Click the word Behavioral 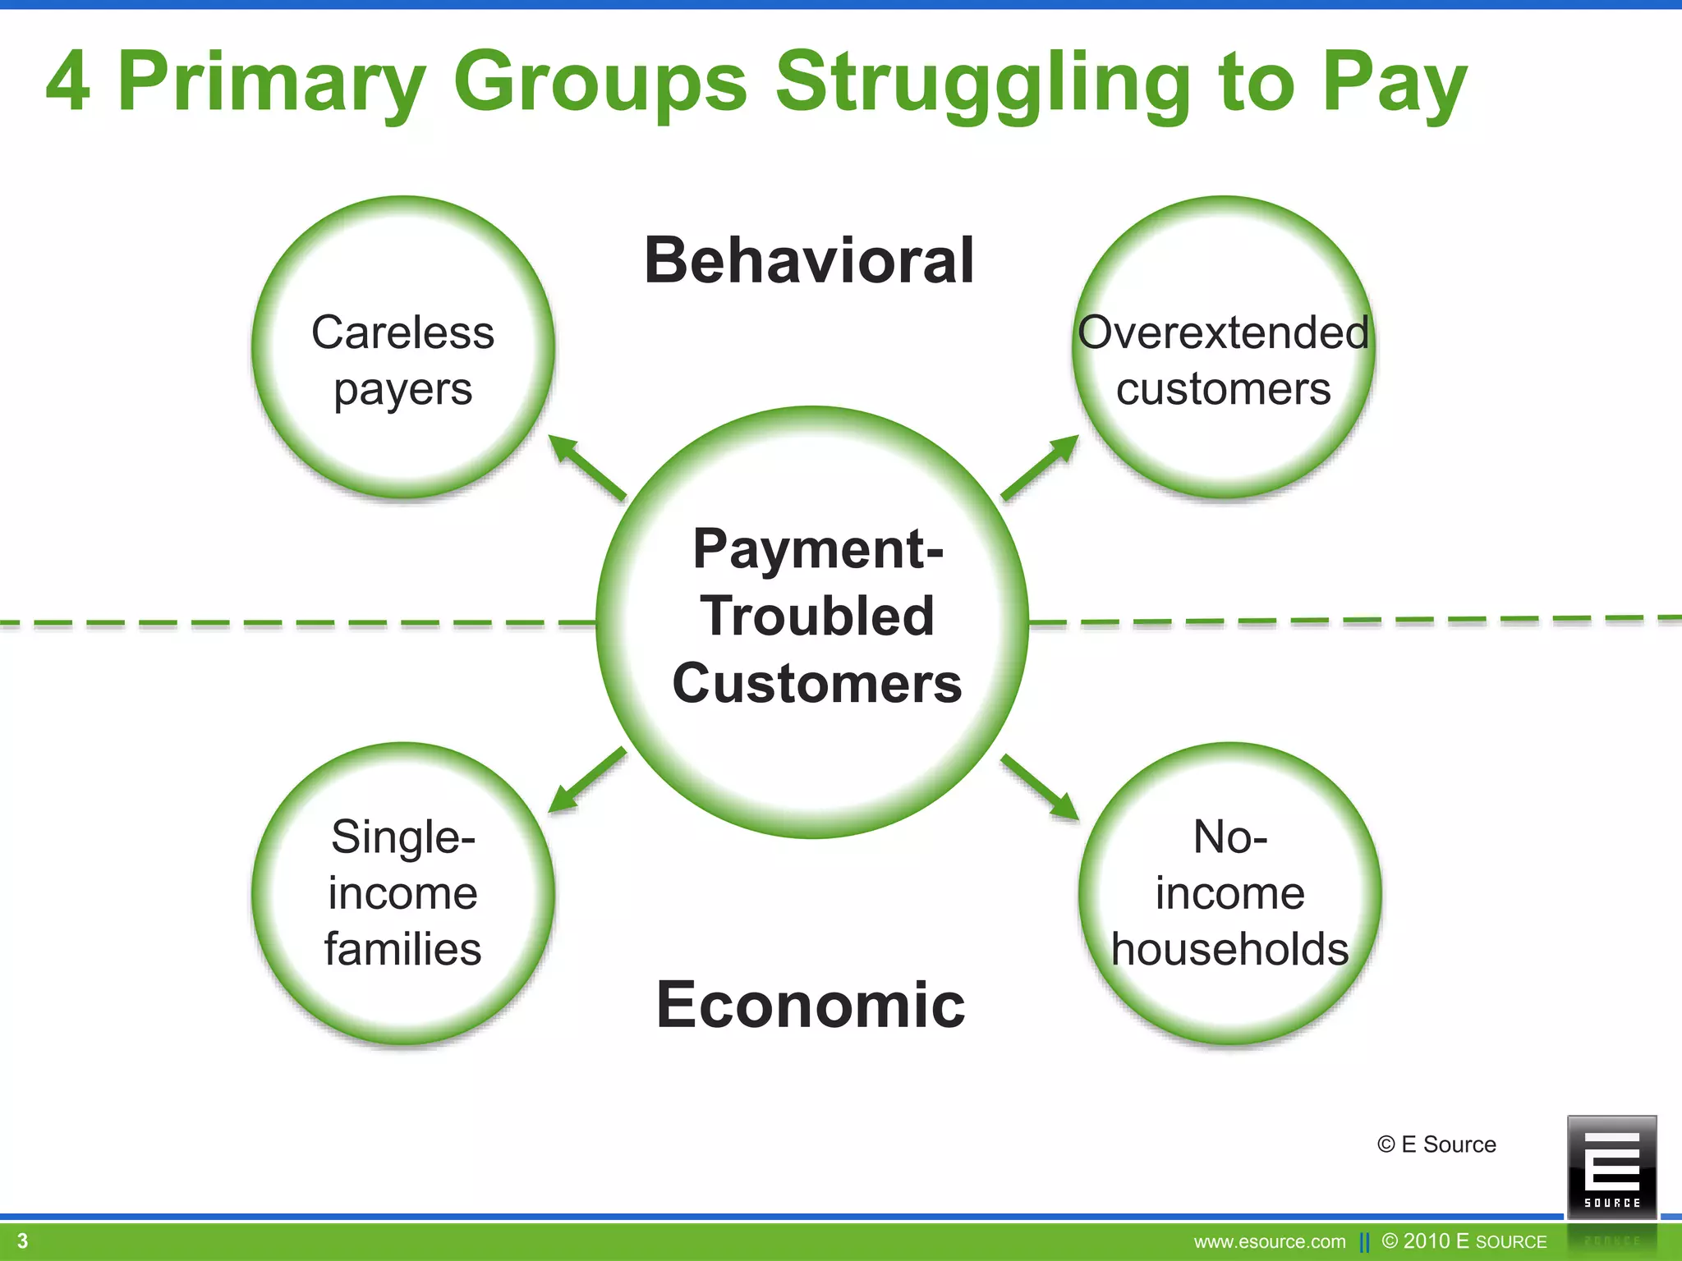[x=809, y=261]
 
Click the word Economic [x=810, y=1005]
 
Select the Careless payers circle [x=402, y=348]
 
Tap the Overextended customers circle [x=1223, y=348]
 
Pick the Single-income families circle [x=402, y=893]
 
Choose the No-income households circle [x=1229, y=893]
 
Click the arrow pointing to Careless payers [x=586, y=468]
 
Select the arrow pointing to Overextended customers [x=1040, y=468]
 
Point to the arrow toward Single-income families [x=586, y=781]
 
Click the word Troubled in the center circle [x=816, y=616]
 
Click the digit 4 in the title [x=67, y=82]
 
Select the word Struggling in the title [x=982, y=82]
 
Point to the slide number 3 [x=23, y=1240]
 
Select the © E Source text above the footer [x=1436, y=1144]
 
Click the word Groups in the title [x=600, y=82]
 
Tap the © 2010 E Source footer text [x=1464, y=1241]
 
